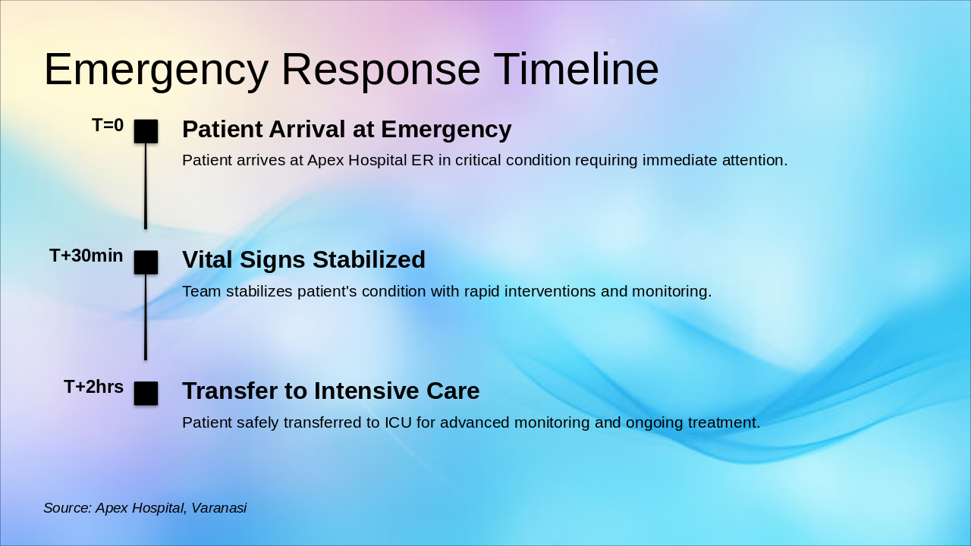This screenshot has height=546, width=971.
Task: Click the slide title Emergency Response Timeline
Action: click(x=351, y=70)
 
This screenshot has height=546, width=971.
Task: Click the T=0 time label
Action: click(x=108, y=125)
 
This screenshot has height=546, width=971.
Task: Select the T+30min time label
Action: click(x=86, y=256)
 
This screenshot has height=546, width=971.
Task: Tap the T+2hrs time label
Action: click(x=94, y=387)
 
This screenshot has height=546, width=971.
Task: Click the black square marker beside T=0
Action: click(x=146, y=131)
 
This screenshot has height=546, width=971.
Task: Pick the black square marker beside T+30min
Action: click(x=146, y=262)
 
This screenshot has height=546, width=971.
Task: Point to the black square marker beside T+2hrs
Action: click(x=146, y=394)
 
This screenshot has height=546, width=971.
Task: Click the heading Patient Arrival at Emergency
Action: click(x=347, y=130)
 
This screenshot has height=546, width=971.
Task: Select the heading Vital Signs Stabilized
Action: click(x=303, y=260)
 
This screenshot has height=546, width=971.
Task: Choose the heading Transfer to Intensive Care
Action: click(x=331, y=391)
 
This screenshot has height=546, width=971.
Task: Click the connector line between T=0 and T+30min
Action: click(x=146, y=186)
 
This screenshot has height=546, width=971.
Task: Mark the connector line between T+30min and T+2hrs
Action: click(x=146, y=317)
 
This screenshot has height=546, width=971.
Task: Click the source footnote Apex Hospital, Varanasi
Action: click(x=145, y=508)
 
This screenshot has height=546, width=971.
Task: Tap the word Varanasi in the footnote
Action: click(x=218, y=508)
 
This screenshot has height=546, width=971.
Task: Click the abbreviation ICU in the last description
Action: click(x=398, y=422)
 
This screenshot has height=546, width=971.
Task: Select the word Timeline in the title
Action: click(x=576, y=70)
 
